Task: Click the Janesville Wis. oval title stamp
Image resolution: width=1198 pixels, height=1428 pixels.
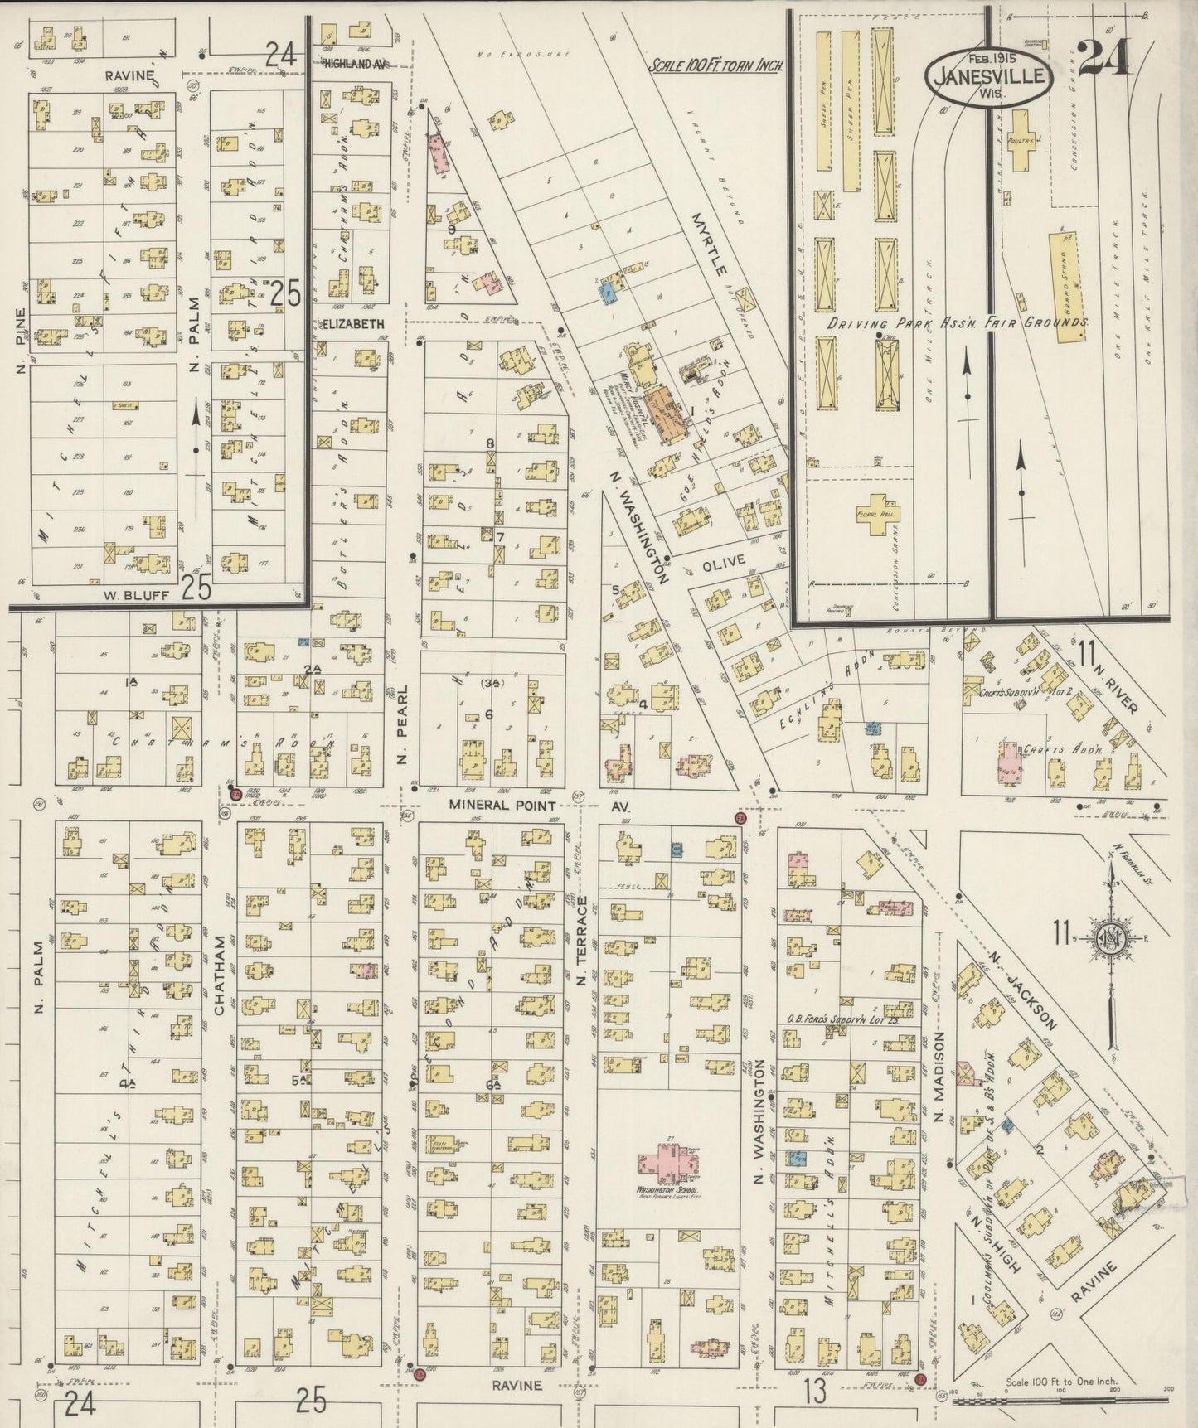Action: [x=990, y=75]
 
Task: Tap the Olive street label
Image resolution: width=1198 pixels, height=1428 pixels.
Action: [x=724, y=562]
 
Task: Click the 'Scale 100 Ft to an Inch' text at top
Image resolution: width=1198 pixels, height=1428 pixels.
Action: [x=716, y=65]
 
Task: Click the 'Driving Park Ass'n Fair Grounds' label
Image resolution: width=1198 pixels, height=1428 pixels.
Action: [x=956, y=323]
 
